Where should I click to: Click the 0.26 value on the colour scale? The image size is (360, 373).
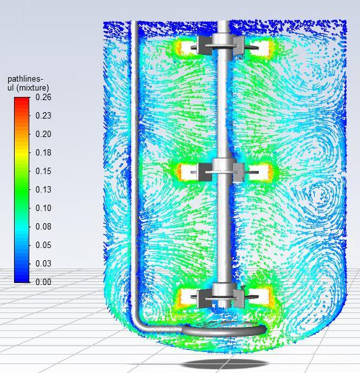click(x=43, y=97)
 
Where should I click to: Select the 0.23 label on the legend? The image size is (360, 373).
click(x=43, y=115)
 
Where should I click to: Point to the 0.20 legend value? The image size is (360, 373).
click(x=43, y=134)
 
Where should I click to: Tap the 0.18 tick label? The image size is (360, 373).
click(x=43, y=153)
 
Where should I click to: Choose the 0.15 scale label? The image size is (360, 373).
click(x=43, y=171)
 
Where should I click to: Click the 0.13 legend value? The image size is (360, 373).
click(x=43, y=189)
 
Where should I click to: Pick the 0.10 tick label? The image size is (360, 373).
click(x=43, y=208)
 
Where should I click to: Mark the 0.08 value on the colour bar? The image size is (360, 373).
click(x=43, y=226)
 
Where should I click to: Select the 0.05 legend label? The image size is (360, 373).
click(x=43, y=245)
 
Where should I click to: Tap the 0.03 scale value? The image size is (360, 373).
click(x=43, y=263)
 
